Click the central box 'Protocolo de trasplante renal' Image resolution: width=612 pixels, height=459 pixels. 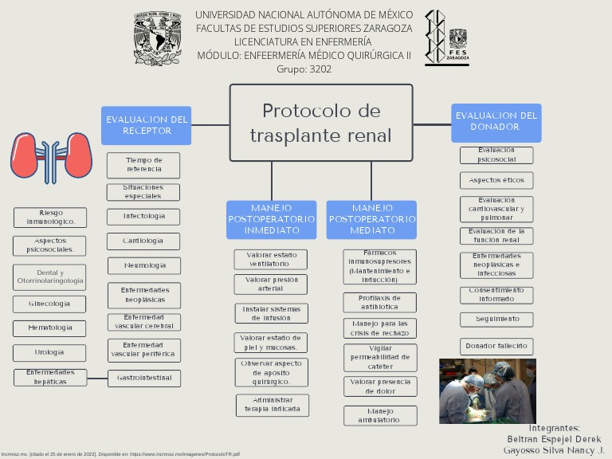pos(321,123)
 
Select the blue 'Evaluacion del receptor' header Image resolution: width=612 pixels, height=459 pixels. pos(147,125)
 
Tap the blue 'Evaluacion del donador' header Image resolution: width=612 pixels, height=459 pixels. pos(496,122)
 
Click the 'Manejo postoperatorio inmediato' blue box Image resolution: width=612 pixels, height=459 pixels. pos(271,219)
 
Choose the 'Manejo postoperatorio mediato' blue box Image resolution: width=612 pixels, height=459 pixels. pos(371,219)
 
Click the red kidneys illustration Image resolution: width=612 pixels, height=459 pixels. pos(51,155)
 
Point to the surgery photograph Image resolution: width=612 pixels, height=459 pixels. pos(487,390)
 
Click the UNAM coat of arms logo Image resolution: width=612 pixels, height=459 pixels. pos(157,38)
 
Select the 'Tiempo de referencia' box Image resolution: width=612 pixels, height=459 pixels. pos(143,165)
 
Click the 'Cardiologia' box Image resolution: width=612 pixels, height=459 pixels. pos(143,241)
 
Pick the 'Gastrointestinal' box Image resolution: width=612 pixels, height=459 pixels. pos(143,377)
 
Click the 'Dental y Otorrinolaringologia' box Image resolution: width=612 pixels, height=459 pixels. pos(49,277)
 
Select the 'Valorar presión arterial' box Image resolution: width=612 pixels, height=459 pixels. pos(270,284)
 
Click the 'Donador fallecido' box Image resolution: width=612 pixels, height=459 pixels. pos(496,346)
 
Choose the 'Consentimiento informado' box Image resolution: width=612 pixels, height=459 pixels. pos(496,295)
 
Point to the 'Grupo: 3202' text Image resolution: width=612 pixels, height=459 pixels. pos(304,69)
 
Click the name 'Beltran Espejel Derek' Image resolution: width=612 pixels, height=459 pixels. pos(554,439)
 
